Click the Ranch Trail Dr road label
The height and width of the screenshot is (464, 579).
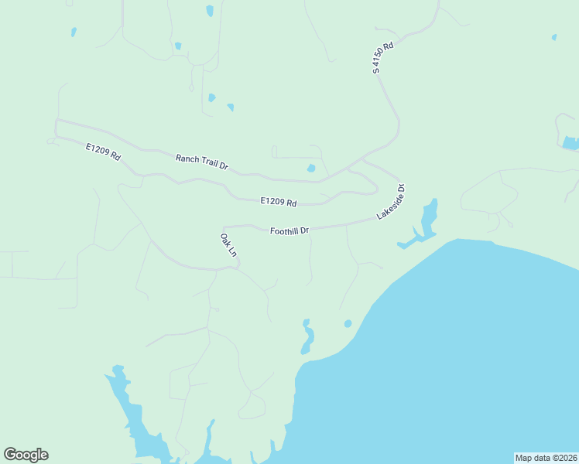pos(201,161)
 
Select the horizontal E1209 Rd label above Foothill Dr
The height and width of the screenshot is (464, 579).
pos(279,202)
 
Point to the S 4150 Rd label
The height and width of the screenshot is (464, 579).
pos(383,58)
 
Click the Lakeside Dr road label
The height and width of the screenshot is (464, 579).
pos(391,202)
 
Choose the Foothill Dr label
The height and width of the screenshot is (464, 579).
pos(289,230)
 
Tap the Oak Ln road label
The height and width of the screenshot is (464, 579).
pos(228,245)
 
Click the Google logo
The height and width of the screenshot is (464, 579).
pos(26,455)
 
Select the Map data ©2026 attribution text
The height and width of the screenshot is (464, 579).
pos(545,458)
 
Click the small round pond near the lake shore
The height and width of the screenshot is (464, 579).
pos(348,323)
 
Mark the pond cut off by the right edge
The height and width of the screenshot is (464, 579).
pos(571,143)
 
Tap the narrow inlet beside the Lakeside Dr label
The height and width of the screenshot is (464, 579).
pos(427,220)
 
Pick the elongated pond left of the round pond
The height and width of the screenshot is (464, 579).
pos(307,337)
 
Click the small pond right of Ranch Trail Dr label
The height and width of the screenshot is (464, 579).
pos(311,168)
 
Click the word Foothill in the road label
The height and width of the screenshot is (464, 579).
pos(284,230)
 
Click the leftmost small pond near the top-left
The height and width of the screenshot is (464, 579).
pos(74,32)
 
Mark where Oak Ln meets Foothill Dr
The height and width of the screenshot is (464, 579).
pos(224,227)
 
